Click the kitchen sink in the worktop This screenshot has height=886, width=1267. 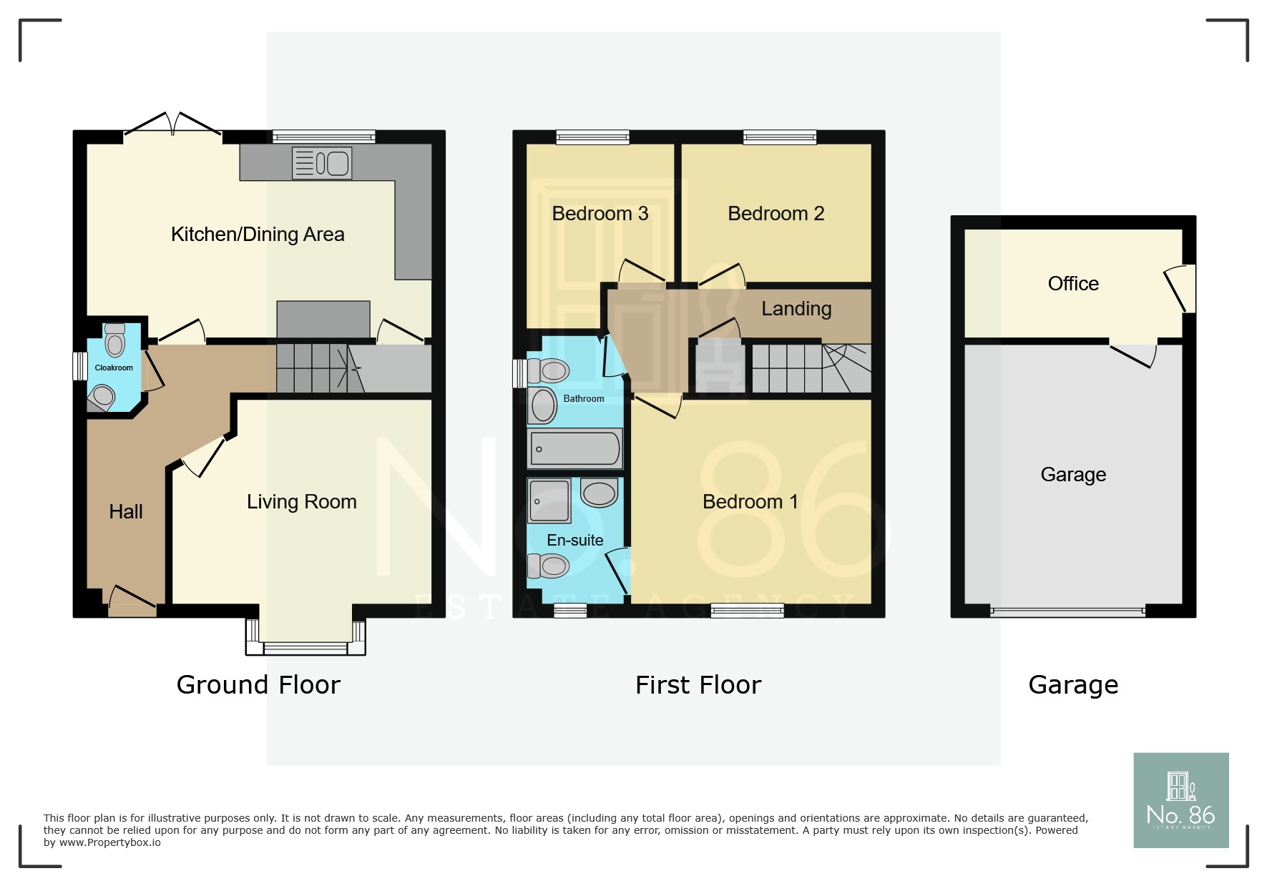click(322, 163)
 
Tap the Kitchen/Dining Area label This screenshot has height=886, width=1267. click(258, 235)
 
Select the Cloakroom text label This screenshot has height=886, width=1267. click(114, 368)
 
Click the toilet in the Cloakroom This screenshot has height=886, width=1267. click(114, 340)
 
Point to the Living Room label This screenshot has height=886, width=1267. click(301, 502)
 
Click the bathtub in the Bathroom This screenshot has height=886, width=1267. click(575, 449)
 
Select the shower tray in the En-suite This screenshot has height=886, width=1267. click(549, 501)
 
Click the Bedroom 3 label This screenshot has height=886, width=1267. click(600, 214)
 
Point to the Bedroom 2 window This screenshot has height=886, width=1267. click(779, 137)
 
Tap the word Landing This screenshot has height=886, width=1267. click(796, 309)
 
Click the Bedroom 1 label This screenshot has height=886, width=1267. click(750, 502)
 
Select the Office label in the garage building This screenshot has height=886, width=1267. click(1072, 284)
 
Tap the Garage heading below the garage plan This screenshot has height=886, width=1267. click(1072, 685)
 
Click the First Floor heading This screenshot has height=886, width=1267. click(698, 685)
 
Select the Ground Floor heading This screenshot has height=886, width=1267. click(258, 685)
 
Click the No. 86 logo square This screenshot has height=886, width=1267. click(1180, 800)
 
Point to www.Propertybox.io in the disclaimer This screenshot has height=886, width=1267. click(109, 843)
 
